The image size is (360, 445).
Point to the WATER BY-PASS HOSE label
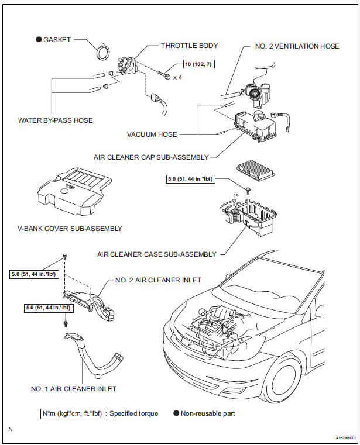pyautogui.click(x=55, y=120)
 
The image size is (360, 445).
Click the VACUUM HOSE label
pyautogui.click(x=152, y=134)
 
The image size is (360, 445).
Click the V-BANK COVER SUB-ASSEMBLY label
pyautogui.click(x=74, y=228)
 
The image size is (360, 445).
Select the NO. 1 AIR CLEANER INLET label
pyautogui.click(x=82, y=389)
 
